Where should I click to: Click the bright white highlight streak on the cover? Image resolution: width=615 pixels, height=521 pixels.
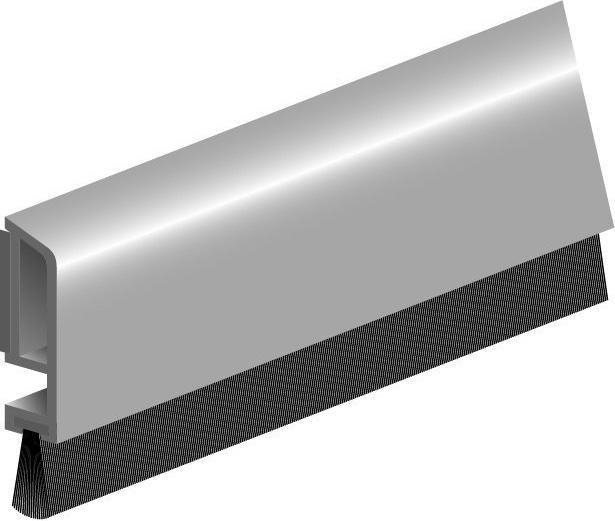(x=330, y=150)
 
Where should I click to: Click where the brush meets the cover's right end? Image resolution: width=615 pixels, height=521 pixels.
(x=600, y=235)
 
